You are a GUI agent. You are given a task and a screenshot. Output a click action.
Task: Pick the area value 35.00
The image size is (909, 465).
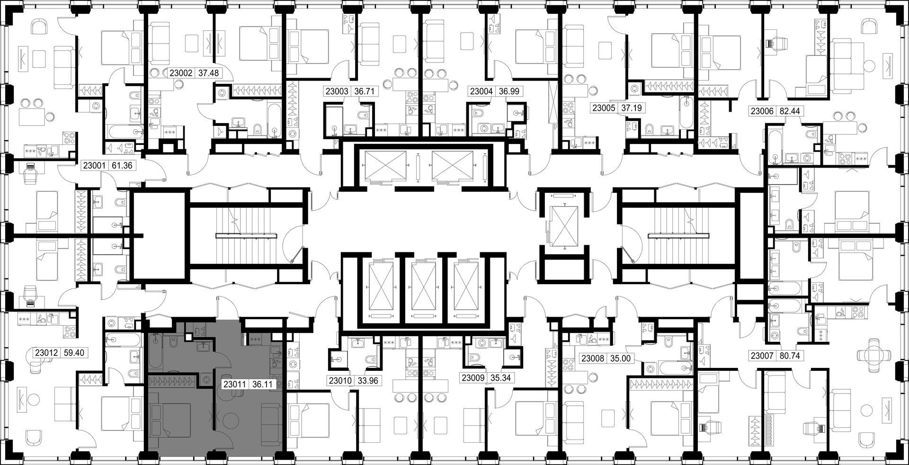click(x=620, y=358)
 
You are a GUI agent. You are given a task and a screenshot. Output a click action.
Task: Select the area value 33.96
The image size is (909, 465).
click(x=367, y=380)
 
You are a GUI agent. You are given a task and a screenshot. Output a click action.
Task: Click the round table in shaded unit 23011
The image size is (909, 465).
click(x=232, y=423)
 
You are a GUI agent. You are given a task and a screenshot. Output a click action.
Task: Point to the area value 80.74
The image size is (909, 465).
click(x=788, y=355)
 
